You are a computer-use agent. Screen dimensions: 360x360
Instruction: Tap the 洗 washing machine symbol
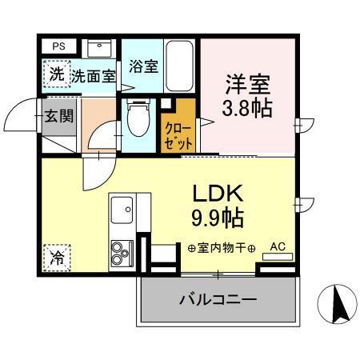(x=56, y=74)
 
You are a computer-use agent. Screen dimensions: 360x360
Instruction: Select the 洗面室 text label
(x=93, y=77)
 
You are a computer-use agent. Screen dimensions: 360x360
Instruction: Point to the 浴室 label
(x=144, y=66)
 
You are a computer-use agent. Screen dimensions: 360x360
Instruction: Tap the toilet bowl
(x=138, y=118)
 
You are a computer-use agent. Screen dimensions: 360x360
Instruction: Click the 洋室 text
(x=246, y=84)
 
